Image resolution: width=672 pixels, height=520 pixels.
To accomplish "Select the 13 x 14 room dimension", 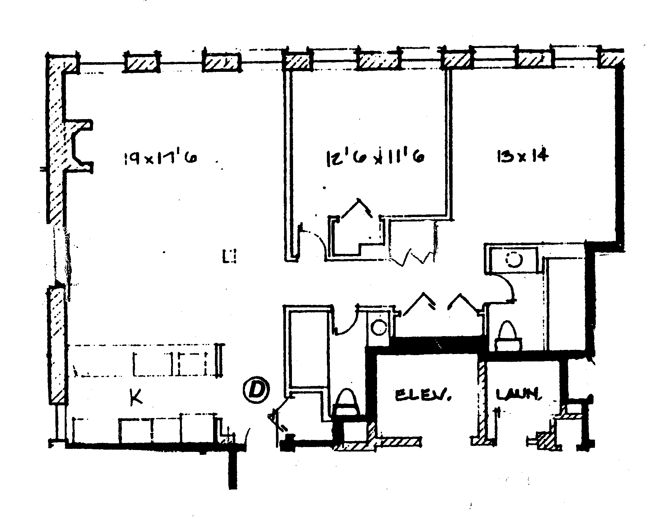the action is point(523,156).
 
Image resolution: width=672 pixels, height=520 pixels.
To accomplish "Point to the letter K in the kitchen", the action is point(136,397).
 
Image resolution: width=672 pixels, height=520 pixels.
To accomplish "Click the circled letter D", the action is point(256,390).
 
